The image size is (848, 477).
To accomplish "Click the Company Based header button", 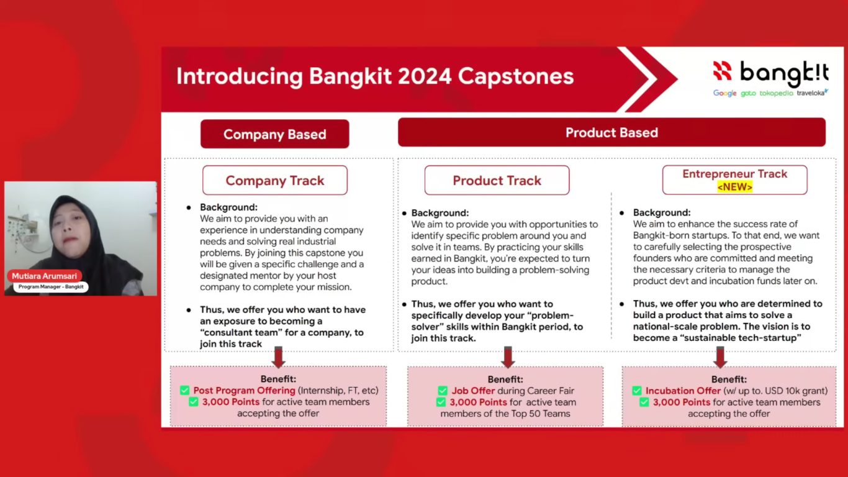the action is [275, 134].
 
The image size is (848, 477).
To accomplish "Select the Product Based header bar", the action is [611, 132].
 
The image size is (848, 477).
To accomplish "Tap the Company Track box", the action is [275, 180].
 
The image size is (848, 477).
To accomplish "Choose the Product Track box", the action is [497, 180].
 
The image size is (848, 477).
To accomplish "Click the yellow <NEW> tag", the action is [734, 187].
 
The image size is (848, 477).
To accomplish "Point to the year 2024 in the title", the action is [425, 76].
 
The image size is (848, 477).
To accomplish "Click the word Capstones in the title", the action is [516, 77].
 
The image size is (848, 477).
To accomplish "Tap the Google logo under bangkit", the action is [724, 93].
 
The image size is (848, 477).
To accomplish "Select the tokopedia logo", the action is [776, 93].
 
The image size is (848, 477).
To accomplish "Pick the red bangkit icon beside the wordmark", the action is [723, 70].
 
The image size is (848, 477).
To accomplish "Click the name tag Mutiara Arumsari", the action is [44, 276].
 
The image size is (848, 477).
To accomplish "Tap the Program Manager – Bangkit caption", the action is [51, 287].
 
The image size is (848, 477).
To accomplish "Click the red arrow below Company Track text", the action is [279, 357].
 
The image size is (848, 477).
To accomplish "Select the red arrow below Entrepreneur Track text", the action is [720, 357].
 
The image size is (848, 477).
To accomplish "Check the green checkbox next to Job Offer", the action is [443, 391].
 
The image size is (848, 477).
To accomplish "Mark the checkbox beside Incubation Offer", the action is [637, 391].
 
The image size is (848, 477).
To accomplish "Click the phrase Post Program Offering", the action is [244, 391].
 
